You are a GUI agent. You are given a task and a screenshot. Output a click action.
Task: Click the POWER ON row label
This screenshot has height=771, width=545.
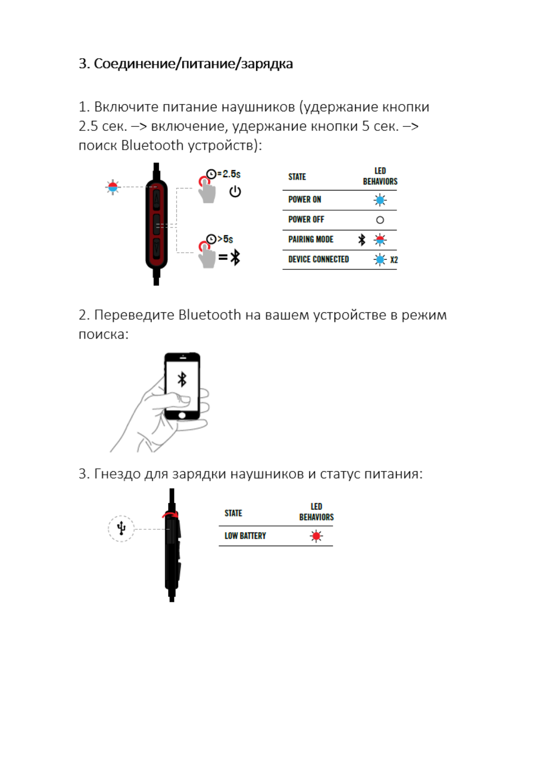pos(304,200)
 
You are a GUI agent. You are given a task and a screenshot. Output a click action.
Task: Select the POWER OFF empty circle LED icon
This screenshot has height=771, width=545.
pos(380,220)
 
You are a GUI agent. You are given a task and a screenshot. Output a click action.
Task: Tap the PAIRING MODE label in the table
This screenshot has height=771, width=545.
pos(311,239)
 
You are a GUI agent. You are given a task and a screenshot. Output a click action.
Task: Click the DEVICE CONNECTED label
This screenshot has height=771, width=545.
pos(318,260)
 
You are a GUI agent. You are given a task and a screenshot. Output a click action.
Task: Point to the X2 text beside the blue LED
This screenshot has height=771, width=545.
pos(394,260)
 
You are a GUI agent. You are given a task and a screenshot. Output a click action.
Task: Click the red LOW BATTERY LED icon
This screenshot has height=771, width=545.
pos(316,536)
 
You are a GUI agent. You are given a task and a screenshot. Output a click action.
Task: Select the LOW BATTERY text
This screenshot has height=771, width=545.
pos(245,536)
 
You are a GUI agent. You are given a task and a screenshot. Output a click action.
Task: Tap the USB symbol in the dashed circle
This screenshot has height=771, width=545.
pos(121,528)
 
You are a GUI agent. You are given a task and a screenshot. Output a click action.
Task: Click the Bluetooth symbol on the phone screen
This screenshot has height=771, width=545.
pos(182,379)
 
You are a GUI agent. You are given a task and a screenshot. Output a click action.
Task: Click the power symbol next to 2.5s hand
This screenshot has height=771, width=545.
pos(235,191)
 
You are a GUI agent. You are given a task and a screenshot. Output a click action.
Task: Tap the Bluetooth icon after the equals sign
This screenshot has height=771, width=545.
pos(235,257)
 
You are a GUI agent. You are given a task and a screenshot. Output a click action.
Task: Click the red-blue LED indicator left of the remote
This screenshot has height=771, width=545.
pos(113,187)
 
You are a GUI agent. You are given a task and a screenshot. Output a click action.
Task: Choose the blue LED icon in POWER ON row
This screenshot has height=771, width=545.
pos(380,200)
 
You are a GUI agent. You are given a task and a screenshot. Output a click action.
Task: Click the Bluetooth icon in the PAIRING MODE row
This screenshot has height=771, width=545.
pos(362,239)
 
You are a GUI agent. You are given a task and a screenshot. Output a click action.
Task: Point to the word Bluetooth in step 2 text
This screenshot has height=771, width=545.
pos(210,315)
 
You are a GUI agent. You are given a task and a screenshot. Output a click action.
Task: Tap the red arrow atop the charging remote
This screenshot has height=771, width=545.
pos(170,515)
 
